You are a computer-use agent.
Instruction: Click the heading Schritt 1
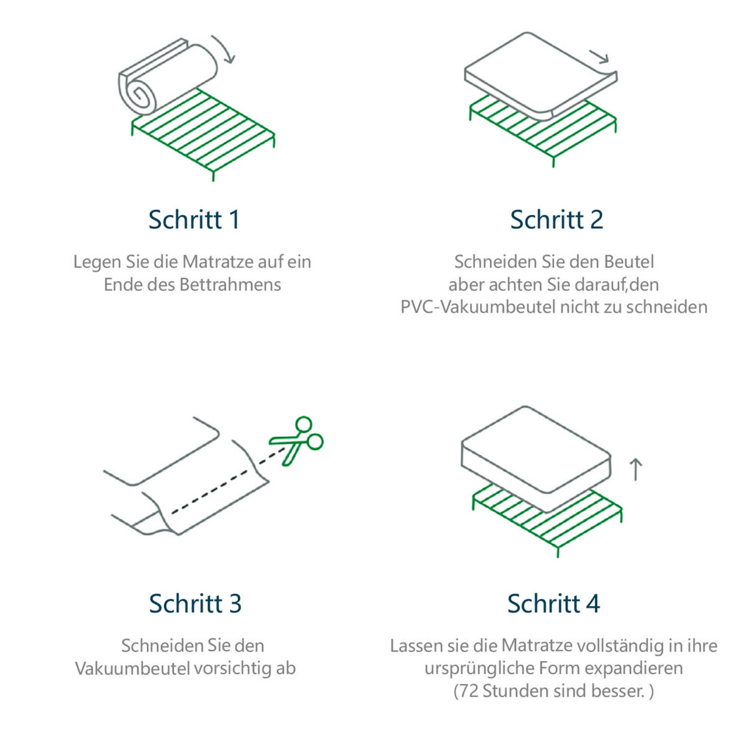[x=194, y=220]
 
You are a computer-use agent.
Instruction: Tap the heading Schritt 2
[x=557, y=220]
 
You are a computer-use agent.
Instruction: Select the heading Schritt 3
[x=195, y=603]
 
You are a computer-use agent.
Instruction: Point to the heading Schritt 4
[x=553, y=603]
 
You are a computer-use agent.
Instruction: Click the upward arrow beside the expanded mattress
[x=636, y=470]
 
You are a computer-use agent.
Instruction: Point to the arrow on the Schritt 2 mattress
[x=600, y=57]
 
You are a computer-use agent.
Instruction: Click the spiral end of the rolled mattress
[x=138, y=95]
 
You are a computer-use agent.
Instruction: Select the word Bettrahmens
[x=230, y=285]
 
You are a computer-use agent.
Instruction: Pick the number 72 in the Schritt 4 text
[x=469, y=691]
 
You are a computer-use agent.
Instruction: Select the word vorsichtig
[x=232, y=669]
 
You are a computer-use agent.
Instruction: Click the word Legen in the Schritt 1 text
[x=98, y=262]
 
